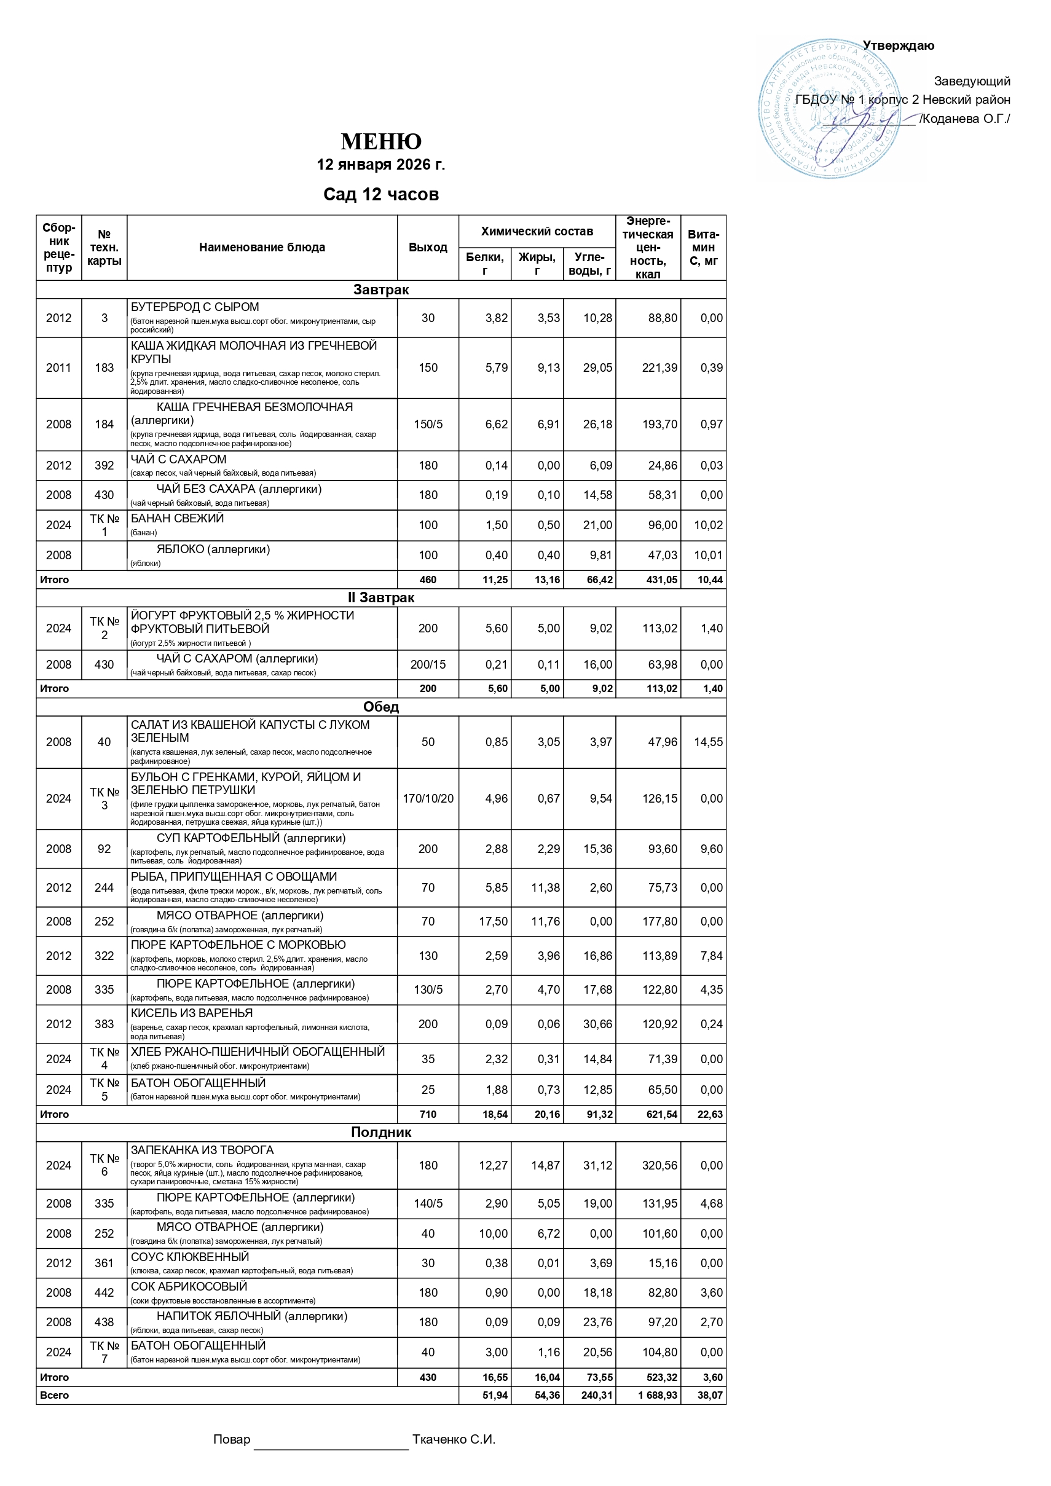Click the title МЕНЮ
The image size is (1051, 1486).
pyautogui.click(x=380, y=141)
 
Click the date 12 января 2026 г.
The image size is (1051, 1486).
pyautogui.click(x=380, y=164)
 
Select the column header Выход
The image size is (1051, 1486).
pyautogui.click(x=428, y=247)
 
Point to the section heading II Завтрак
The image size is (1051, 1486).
pyautogui.click(x=380, y=597)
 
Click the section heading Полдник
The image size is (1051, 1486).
pyautogui.click(x=380, y=1132)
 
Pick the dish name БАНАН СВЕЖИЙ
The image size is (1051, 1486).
pyautogui.click(x=178, y=519)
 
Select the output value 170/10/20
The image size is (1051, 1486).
pyautogui.click(x=428, y=799)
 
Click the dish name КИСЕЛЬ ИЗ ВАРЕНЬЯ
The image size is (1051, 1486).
pyautogui.click(x=192, y=1013)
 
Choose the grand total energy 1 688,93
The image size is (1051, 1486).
pyautogui.click(x=658, y=1395)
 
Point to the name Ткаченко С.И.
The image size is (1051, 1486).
pyautogui.click(x=454, y=1439)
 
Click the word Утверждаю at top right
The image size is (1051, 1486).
pyautogui.click(x=899, y=46)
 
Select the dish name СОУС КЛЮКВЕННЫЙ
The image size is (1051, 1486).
pyautogui.click(x=190, y=1257)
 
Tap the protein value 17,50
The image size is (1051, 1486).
pyautogui.click(x=493, y=922)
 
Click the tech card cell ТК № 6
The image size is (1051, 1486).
pyautogui.click(x=104, y=1165)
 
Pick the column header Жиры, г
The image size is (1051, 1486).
pyautogui.click(x=537, y=264)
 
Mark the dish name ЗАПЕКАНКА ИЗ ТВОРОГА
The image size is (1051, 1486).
pyautogui.click(x=202, y=1150)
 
